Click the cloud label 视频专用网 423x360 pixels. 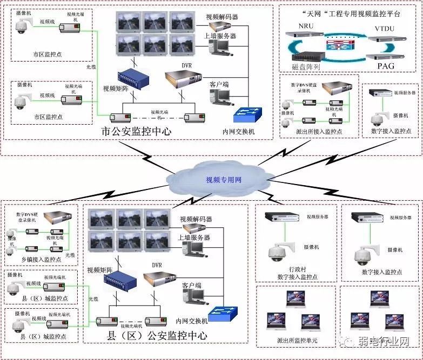[223, 180]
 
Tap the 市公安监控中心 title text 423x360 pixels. [137, 131]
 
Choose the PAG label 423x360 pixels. [385, 66]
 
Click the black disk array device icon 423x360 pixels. [306, 54]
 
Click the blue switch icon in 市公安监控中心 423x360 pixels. [247, 114]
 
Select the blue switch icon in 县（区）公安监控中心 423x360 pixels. [223, 313]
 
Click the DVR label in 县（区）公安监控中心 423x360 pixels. [157, 265]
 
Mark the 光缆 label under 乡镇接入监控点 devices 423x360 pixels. [70, 255]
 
